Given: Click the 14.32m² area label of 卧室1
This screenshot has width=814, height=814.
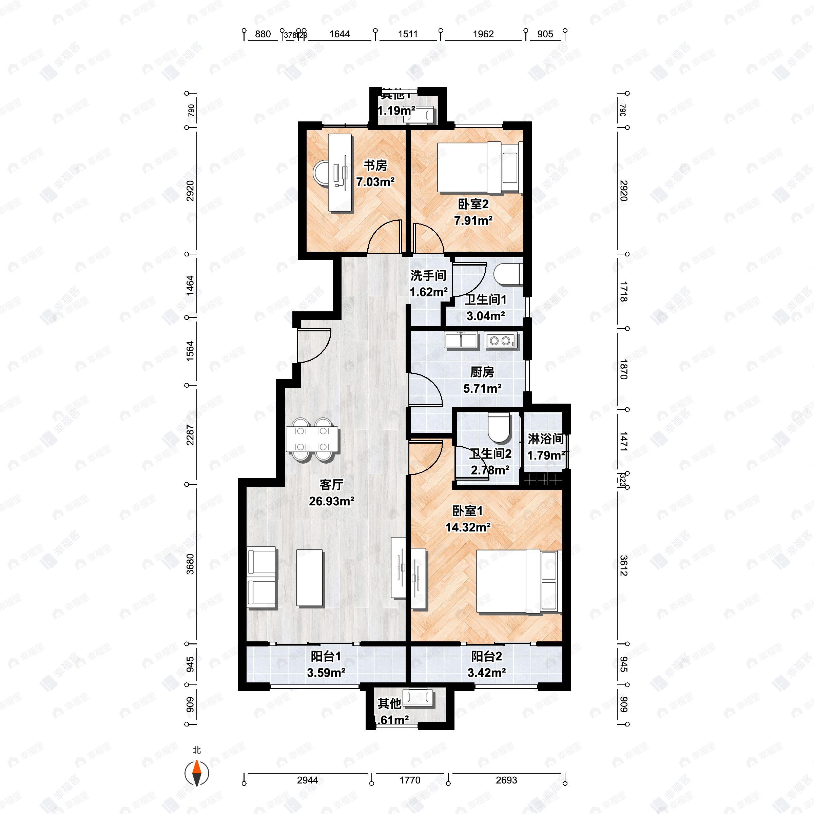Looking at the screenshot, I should tap(468, 527).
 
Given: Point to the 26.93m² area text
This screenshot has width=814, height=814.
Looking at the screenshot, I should tap(332, 501).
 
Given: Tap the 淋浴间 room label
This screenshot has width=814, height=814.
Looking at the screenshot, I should tap(546, 439).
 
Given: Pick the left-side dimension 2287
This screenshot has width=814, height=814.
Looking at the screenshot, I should tap(190, 434).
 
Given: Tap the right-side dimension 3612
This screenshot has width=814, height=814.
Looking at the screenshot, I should tap(624, 566).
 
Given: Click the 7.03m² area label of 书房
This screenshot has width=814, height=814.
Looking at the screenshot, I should tap(375, 182).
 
